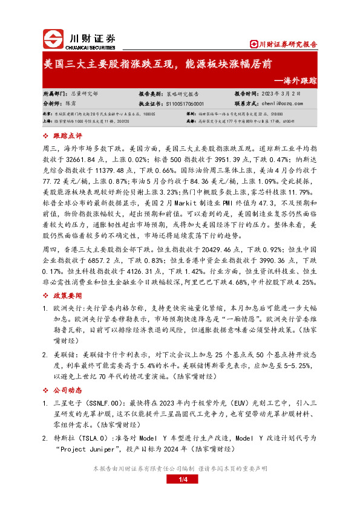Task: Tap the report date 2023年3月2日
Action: click(278, 94)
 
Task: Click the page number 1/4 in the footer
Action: click(180, 496)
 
